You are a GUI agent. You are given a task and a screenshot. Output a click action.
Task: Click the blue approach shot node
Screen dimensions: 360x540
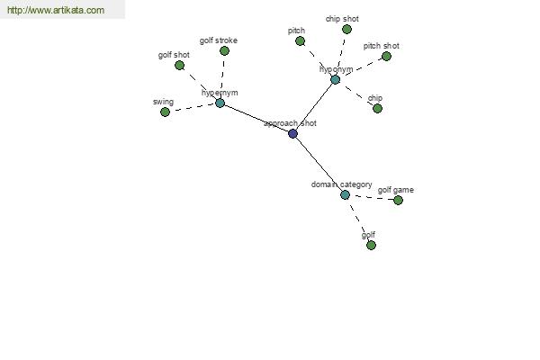pyautogui.click(x=292, y=133)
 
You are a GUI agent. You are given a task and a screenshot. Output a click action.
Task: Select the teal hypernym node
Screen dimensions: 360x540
pyautogui.click(x=220, y=103)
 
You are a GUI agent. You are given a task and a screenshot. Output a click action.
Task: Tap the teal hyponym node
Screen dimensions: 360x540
pyautogui.click(x=335, y=79)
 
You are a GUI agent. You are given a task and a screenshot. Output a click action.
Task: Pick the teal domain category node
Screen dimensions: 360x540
pyautogui.click(x=345, y=194)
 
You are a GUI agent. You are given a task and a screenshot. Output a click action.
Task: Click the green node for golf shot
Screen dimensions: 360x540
pyautogui.click(x=179, y=66)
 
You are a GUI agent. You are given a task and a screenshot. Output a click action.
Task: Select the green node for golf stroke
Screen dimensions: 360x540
pyautogui.click(x=224, y=50)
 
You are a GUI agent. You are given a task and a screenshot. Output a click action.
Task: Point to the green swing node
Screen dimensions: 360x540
pyautogui.click(x=165, y=112)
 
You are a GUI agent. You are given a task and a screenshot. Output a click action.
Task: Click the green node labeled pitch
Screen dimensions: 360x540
pyautogui.click(x=300, y=40)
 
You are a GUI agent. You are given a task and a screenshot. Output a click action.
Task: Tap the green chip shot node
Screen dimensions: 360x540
pyautogui.click(x=346, y=29)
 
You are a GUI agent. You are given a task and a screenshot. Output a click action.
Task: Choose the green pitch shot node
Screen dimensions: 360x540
pyautogui.click(x=386, y=56)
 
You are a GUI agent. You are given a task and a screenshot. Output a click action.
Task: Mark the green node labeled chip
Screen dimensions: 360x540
pyautogui.click(x=377, y=109)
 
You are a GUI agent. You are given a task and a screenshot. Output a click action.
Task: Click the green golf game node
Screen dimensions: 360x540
pyautogui.click(x=398, y=200)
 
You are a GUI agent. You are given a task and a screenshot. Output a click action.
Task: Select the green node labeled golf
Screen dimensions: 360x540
pyautogui.click(x=371, y=245)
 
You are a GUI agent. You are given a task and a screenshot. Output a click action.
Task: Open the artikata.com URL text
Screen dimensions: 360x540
pyautogui.click(x=56, y=11)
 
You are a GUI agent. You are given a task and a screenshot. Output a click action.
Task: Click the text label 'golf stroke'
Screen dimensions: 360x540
pyautogui.click(x=219, y=40)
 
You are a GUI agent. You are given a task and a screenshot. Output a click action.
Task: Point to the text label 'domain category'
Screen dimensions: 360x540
pyautogui.click(x=341, y=184)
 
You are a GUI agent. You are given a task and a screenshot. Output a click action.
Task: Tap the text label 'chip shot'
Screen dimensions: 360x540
pyautogui.click(x=342, y=19)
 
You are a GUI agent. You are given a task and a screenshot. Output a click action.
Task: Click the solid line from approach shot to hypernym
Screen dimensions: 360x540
pyautogui.click(x=256, y=119)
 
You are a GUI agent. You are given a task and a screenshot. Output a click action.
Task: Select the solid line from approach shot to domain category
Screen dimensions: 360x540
pyautogui.click(x=319, y=164)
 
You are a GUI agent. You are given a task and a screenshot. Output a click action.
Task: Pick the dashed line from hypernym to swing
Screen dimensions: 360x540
pyautogui.click(x=193, y=108)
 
